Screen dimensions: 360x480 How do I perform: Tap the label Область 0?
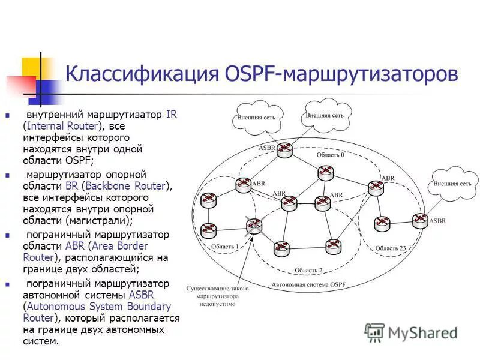pyautogui.click(x=330, y=155)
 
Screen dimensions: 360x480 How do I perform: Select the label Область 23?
pyautogui.click(x=391, y=248)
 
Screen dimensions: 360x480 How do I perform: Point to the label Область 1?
pyautogui.click(x=224, y=247)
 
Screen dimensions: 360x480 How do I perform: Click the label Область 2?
pyautogui.click(x=308, y=270)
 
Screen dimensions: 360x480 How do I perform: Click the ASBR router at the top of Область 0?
pyautogui.click(x=285, y=151)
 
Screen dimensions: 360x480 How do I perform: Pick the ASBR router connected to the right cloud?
pyautogui.click(x=420, y=220)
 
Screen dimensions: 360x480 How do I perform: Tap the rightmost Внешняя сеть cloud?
pyautogui.click(x=454, y=184)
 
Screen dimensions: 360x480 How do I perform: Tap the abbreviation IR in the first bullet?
pyautogui.click(x=172, y=115)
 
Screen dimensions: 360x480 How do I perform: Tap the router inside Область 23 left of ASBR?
pyautogui.click(x=381, y=223)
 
